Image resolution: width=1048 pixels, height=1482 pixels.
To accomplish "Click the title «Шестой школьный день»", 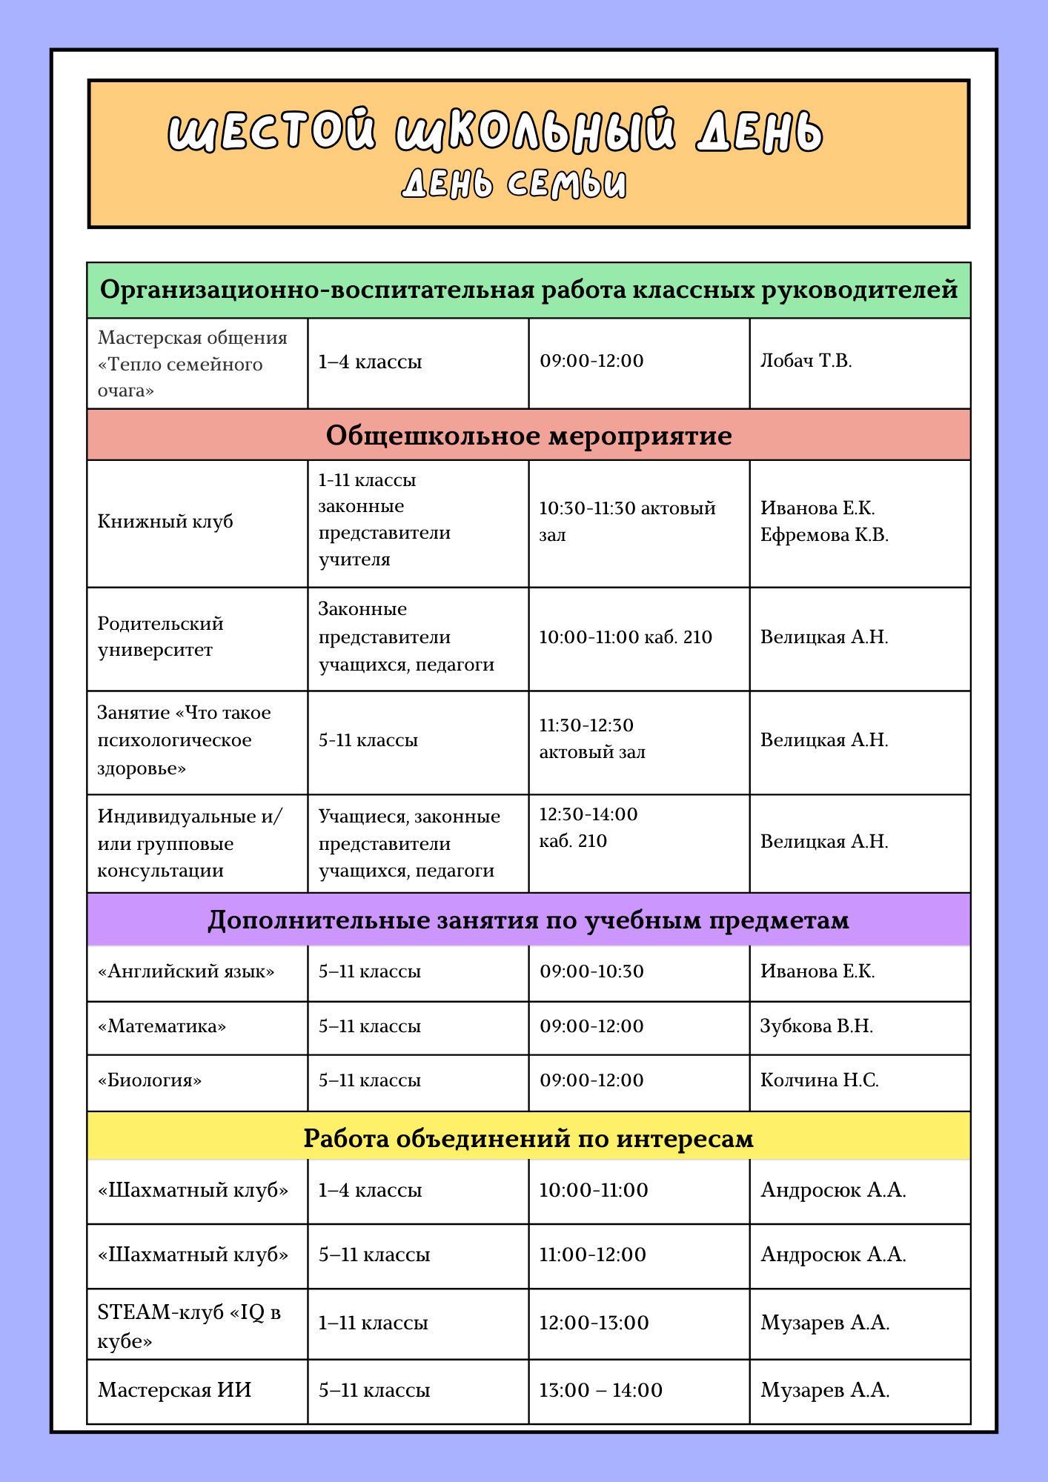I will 495,132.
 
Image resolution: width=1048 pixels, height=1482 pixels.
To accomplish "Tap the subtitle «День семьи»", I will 514,184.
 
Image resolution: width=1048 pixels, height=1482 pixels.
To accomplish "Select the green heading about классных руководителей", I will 528,290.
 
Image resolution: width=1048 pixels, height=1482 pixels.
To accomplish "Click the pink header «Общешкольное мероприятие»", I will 528,435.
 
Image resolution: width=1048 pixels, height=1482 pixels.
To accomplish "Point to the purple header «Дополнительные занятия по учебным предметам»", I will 528,920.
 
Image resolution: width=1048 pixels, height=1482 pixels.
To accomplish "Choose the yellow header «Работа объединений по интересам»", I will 528,1137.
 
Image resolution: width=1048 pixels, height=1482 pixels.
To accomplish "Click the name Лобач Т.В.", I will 806,362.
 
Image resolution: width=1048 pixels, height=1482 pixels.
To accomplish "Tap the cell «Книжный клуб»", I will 165,522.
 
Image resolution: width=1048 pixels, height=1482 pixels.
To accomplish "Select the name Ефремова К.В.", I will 824,535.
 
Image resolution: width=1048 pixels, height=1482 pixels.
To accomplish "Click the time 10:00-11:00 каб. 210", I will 626,637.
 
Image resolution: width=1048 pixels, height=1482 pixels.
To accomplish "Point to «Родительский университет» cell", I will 160,637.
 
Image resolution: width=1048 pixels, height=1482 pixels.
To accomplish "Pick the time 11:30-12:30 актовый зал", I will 592,739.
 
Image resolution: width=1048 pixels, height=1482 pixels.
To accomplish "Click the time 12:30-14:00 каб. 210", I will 588,828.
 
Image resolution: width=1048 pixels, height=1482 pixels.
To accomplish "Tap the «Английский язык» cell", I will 186,971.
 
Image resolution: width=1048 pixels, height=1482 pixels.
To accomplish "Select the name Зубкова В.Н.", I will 817,1026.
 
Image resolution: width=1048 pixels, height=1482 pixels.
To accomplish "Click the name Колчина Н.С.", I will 820,1080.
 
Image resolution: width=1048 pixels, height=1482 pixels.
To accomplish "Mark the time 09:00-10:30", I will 591,971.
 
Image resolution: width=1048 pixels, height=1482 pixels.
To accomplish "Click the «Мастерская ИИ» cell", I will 175,1390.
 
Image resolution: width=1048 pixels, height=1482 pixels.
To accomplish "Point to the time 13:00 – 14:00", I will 600,1390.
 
